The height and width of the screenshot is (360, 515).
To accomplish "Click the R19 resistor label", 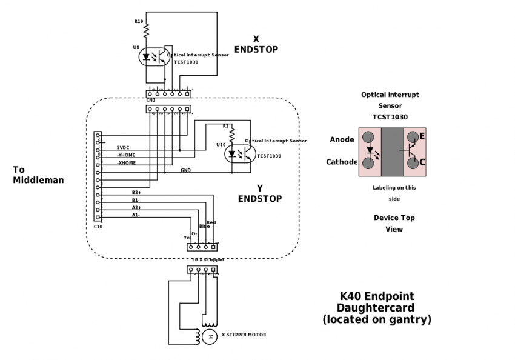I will [139, 22].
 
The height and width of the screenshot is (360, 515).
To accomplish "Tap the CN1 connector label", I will [151, 100].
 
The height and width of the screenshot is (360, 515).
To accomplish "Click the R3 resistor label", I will [225, 126].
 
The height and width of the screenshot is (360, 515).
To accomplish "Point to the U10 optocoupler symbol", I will [239, 154].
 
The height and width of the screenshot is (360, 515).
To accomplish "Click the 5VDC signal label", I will [123, 147].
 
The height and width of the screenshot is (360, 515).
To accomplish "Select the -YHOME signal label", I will [126, 155].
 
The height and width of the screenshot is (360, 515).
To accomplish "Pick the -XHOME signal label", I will [126, 163].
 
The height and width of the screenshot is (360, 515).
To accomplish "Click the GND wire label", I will [185, 170].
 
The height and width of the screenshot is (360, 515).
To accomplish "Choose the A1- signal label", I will [136, 215].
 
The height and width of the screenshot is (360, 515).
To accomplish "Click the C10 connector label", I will [98, 227].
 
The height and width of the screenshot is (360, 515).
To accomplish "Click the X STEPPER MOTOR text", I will [244, 335].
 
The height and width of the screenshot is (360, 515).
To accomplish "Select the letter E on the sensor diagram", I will [422, 136].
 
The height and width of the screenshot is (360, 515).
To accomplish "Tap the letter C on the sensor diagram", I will [422, 162].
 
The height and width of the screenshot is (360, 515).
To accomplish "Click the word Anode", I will [342, 140].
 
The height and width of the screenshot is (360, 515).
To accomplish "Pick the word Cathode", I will [342, 162].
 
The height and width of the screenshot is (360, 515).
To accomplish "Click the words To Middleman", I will [38, 175].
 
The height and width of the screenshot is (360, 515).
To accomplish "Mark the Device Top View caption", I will [394, 223].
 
